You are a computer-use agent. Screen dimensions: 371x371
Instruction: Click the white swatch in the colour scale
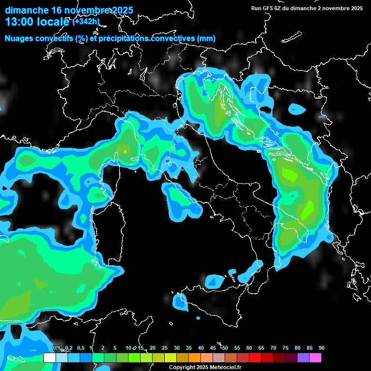49,357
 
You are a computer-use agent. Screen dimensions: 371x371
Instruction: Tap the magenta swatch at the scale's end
315,357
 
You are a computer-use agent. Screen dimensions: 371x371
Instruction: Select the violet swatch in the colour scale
303,357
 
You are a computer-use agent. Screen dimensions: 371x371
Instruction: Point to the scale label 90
322,348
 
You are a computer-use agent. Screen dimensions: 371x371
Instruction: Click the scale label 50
225,348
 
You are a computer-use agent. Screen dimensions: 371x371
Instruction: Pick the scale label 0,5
81,348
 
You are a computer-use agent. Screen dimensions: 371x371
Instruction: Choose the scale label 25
165,348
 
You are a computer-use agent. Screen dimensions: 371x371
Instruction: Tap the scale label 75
285,348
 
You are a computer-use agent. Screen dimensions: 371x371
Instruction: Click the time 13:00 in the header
20,22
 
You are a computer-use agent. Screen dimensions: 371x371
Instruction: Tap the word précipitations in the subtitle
123,38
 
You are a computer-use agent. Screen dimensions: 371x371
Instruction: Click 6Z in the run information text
279,8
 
